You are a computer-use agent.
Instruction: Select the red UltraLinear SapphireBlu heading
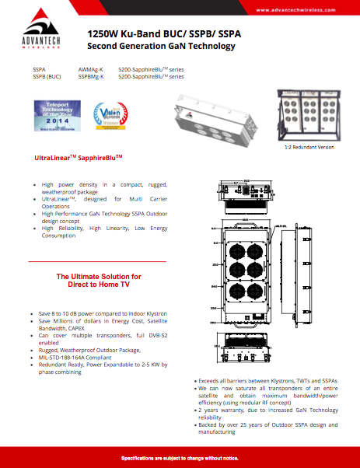click(x=79, y=158)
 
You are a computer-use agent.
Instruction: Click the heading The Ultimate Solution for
click(x=98, y=277)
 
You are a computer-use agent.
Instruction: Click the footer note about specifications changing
click(x=180, y=458)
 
